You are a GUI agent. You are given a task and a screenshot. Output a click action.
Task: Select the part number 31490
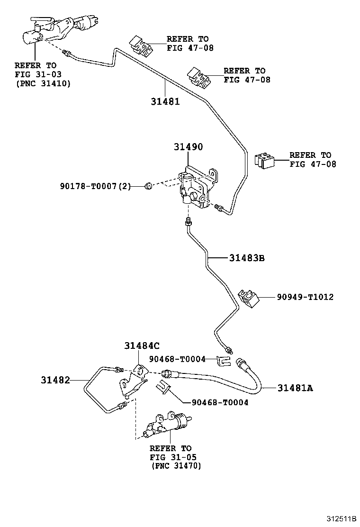(x=188, y=147)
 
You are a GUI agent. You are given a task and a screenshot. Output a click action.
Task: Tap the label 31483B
(x=247, y=258)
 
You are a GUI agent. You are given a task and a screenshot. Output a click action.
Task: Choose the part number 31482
(x=55, y=380)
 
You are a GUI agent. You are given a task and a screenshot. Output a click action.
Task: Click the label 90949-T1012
(x=305, y=297)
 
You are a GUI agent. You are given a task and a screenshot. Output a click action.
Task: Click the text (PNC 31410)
(x=43, y=83)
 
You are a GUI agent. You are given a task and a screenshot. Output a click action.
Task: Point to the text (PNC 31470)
(x=176, y=466)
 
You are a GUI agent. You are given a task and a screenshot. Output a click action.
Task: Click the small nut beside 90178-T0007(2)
(x=147, y=187)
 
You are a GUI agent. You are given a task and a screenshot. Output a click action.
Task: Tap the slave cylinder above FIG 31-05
(x=168, y=424)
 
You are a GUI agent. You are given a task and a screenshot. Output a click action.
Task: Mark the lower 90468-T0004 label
(x=220, y=402)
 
